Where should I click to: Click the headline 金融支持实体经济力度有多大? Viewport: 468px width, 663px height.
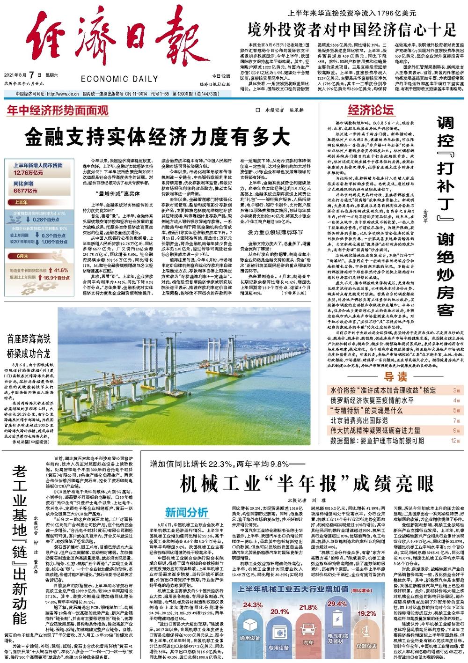tap(157, 137)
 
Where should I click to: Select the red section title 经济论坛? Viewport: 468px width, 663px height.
tap(370, 110)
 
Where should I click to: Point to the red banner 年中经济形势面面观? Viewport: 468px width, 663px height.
tap(58, 110)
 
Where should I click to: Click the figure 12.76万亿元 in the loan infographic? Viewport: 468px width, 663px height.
tap(29, 172)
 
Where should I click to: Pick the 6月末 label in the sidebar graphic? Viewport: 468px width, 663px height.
tap(22, 256)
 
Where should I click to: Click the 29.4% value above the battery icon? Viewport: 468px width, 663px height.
tap(336, 604)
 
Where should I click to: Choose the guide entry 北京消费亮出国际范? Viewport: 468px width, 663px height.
tap(359, 420)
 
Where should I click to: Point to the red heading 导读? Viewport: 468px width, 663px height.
tap(395, 377)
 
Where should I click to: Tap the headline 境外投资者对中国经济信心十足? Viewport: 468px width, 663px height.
tap(352, 30)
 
